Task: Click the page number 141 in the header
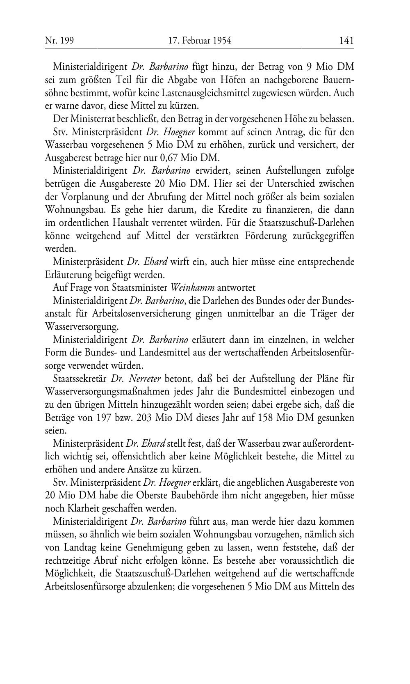click(x=346, y=40)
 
